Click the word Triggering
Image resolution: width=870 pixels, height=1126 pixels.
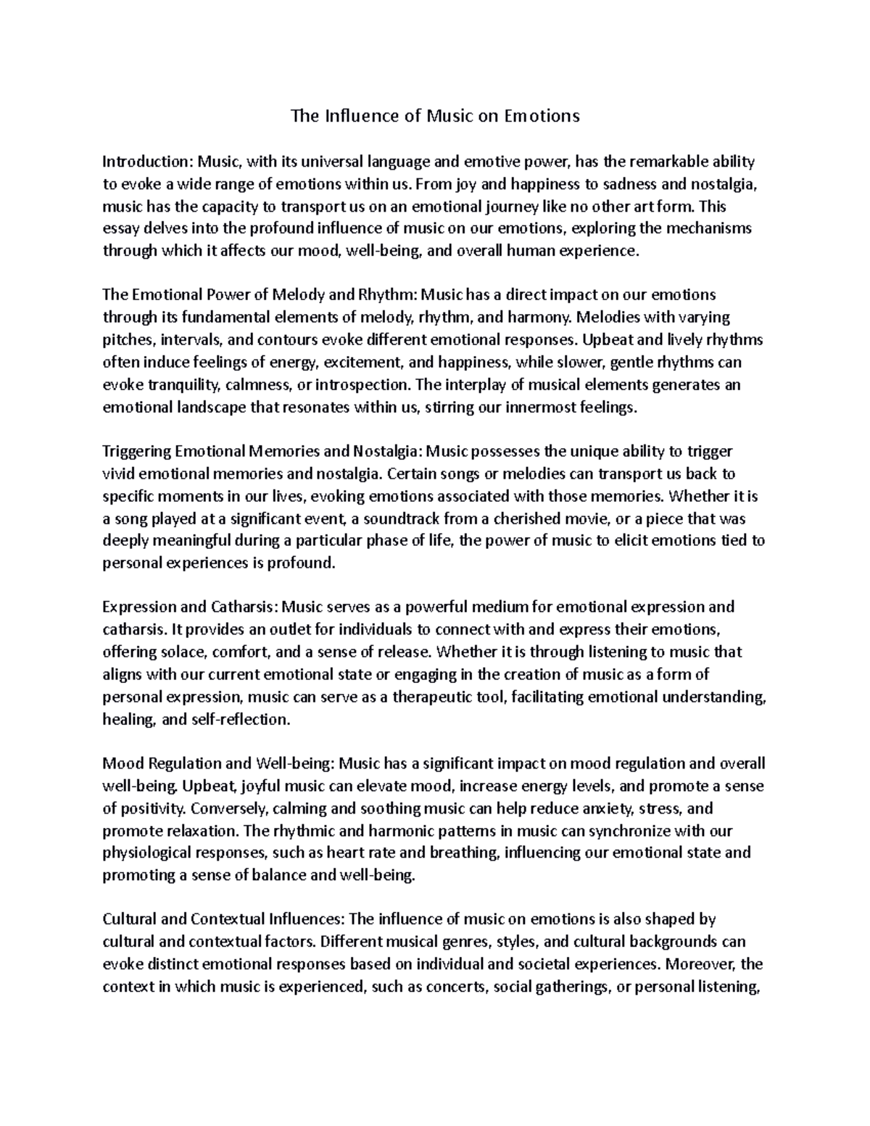point(136,452)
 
